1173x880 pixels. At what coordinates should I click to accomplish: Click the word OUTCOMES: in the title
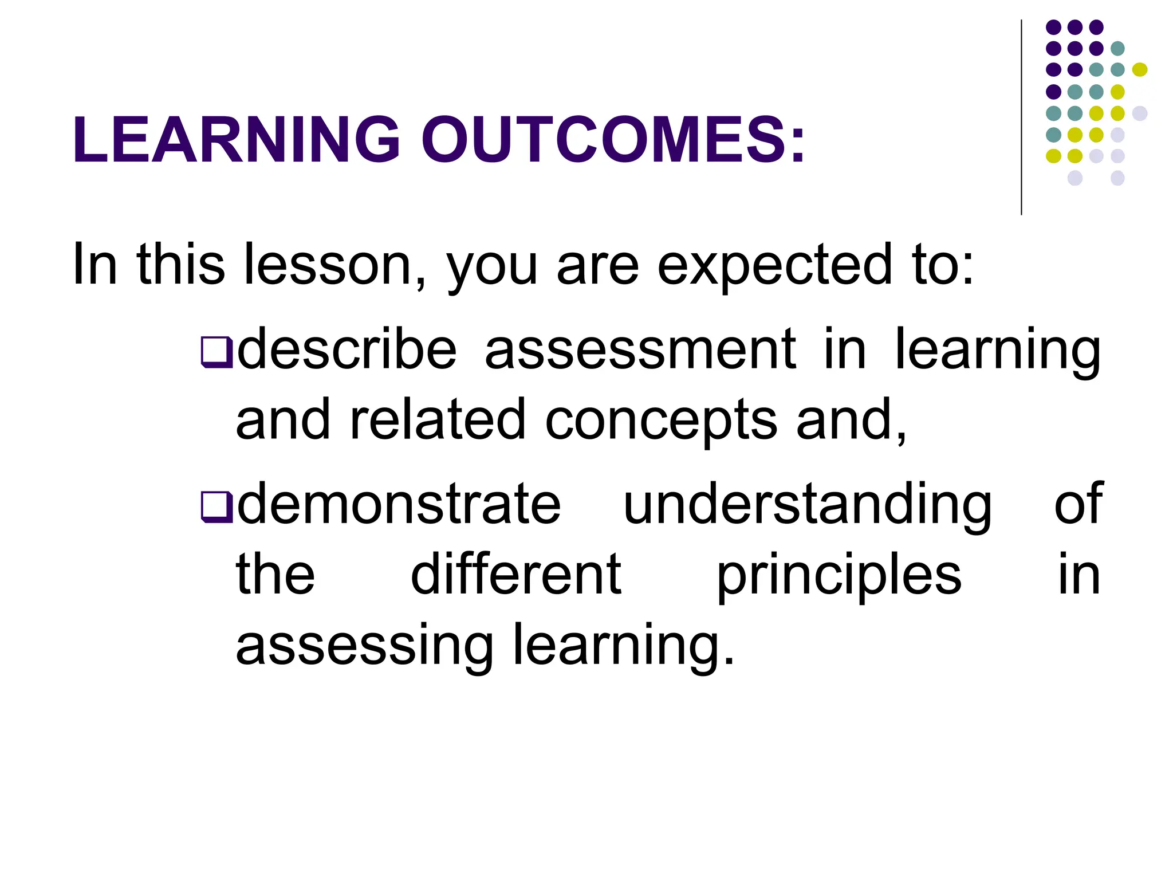click(613, 140)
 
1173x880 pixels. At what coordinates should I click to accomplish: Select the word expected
click(774, 265)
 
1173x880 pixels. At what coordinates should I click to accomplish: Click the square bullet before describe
click(217, 352)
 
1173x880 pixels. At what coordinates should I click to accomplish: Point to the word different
click(516, 575)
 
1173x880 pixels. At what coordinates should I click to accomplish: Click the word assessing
click(365, 646)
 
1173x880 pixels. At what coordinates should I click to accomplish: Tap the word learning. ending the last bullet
click(623, 646)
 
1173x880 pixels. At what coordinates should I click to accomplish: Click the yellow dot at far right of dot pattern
click(1140, 70)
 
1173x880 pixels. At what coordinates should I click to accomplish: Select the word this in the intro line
click(181, 265)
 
